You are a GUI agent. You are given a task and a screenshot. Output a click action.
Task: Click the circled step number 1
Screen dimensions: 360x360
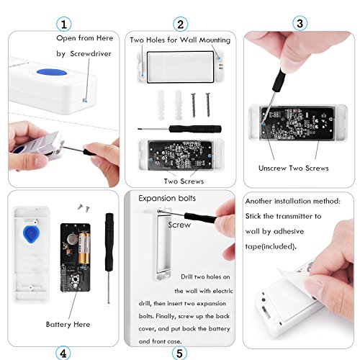pyautogui.click(x=64, y=24)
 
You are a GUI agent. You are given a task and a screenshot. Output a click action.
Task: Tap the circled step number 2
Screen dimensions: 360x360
pyautogui.click(x=180, y=24)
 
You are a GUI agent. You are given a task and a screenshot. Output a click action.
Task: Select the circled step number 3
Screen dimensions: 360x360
pyautogui.click(x=300, y=23)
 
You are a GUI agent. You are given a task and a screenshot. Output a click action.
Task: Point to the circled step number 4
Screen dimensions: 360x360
pyautogui.click(x=63, y=353)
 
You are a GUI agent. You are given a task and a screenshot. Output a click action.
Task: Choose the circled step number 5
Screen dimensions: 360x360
pyautogui.click(x=179, y=353)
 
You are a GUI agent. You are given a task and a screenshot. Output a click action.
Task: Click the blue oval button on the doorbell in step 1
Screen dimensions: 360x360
pyautogui.click(x=52, y=73)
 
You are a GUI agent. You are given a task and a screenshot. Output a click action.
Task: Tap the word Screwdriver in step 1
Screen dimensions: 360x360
pyautogui.click(x=91, y=53)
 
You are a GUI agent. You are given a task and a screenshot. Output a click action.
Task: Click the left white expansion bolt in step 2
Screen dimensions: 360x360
pyautogui.click(x=161, y=105)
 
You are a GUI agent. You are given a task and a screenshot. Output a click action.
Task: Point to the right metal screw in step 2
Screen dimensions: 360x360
pyautogui.click(x=208, y=105)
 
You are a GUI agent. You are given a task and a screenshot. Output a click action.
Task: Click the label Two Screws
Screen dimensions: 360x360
pyautogui.click(x=184, y=181)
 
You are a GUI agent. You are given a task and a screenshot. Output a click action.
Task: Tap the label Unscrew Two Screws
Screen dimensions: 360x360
pyautogui.click(x=294, y=168)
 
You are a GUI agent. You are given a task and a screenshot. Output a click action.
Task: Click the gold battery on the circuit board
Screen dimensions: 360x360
pyautogui.click(x=84, y=248)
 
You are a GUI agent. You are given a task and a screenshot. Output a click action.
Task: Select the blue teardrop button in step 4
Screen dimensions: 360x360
pyautogui.click(x=31, y=235)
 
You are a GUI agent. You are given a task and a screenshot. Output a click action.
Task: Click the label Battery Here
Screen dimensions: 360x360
pyautogui.click(x=68, y=324)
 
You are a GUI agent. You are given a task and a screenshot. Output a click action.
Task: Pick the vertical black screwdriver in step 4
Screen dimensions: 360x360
pyautogui.click(x=109, y=258)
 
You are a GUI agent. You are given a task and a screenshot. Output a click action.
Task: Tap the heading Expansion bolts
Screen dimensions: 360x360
pyautogui.click(x=167, y=198)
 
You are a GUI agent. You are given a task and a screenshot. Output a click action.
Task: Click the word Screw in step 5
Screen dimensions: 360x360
pyautogui.click(x=179, y=225)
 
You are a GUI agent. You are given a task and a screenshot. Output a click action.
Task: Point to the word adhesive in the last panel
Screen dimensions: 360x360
pyautogui.click(x=289, y=231)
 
